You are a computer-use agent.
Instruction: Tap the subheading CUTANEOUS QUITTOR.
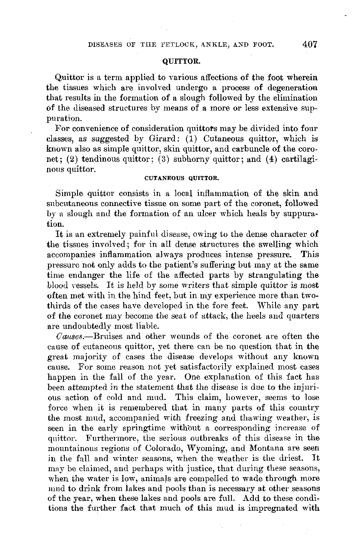180,178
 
